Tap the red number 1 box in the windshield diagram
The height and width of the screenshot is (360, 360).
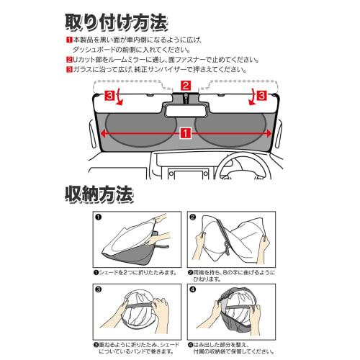coord(186,132)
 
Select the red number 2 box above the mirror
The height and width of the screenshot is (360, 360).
coord(186,86)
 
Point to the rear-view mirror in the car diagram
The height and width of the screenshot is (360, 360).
coord(186,111)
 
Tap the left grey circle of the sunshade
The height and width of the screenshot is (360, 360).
coord(137,128)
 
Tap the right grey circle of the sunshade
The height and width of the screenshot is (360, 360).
coord(234,128)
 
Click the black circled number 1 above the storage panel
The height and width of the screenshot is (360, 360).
coord(98,216)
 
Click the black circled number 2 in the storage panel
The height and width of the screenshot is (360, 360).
coord(193,216)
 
